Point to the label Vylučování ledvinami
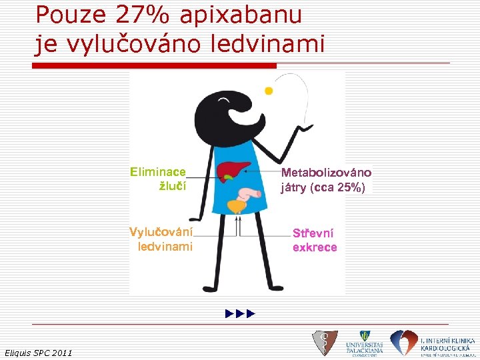pos(161,239)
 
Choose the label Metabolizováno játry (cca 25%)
pos(326,180)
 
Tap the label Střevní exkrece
pos(315,240)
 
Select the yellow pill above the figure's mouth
pos(269,90)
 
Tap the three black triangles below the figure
pos(241,313)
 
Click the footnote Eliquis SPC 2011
pos(39,352)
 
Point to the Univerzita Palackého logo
pos(364,343)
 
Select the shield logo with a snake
pos(325,343)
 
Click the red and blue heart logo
pos(404,343)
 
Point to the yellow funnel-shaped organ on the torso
pos(237,206)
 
